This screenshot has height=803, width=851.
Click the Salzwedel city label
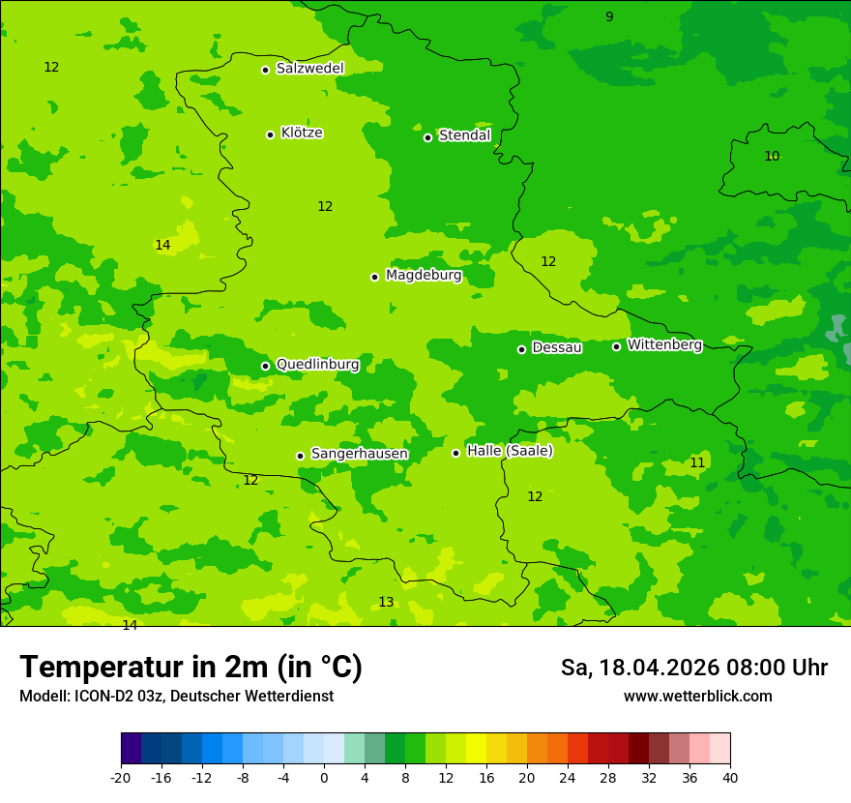point(309,69)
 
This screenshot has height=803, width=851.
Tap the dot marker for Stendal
point(427,137)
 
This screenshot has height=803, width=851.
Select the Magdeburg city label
point(424,276)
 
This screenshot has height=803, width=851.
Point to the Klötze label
point(302,134)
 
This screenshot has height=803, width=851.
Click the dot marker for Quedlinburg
point(265,366)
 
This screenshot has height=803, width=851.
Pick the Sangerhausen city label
point(359,454)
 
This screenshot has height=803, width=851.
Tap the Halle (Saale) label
point(510,451)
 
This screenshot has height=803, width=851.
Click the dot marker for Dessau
point(521,349)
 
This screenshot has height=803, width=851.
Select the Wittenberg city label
point(664,345)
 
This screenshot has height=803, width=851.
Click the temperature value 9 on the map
point(609,16)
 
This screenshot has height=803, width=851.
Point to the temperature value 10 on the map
point(772,156)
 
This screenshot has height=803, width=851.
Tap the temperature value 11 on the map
point(697,462)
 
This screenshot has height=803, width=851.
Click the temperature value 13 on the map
point(386,602)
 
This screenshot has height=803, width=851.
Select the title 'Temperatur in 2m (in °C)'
point(191,667)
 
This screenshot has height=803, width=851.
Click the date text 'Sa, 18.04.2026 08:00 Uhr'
point(693,668)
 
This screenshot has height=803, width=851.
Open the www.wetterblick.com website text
point(697,697)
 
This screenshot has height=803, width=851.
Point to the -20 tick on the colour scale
point(121,778)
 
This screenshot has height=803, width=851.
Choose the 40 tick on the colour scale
point(729,778)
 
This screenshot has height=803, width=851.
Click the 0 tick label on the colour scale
point(324,778)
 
